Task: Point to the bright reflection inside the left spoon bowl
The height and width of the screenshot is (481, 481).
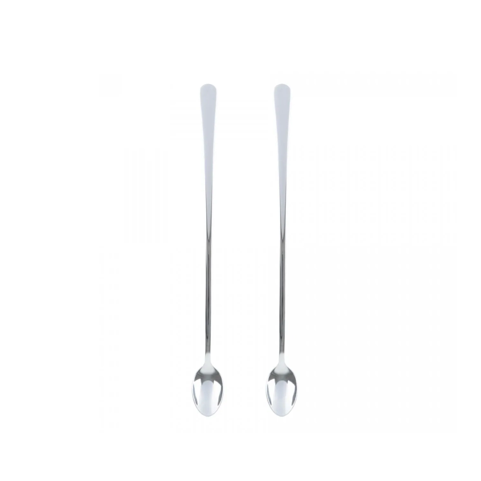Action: (202, 392)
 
